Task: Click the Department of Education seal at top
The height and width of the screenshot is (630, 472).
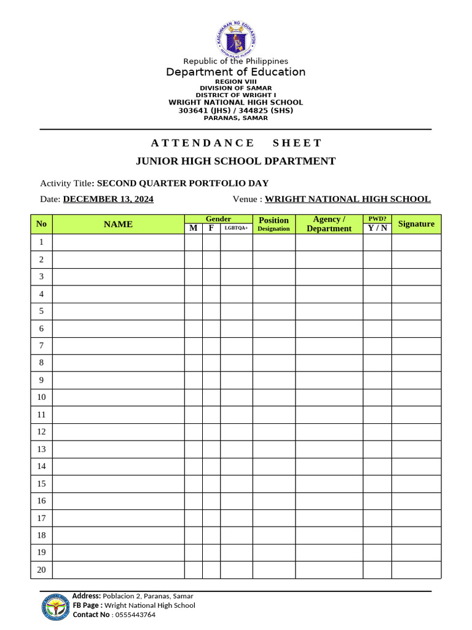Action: [x=236, y=38]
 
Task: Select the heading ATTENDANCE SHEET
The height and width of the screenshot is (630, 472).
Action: [x=236, y=143]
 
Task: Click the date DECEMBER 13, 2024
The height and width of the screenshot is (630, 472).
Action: [x=108, y=199]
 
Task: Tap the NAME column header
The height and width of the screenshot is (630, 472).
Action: [x=118, y=224]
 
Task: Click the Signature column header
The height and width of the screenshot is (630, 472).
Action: [x=416, y=224]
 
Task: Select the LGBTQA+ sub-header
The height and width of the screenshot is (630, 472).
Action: [x=236, y=228]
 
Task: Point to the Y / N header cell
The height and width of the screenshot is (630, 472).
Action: [x=377, y=228]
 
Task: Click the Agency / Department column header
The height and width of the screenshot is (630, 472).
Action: [x=329, y=224]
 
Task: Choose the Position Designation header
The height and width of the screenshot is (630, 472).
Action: [x=273, y=224]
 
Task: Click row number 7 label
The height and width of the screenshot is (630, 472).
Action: [x=41, y=346]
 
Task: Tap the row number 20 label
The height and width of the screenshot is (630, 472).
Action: [x=41, y=570]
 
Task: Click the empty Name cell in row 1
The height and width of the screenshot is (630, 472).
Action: [x=118, y=242]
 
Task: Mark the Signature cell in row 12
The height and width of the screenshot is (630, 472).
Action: [x=416, y=432]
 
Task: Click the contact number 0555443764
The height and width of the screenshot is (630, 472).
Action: [x=135, y=615]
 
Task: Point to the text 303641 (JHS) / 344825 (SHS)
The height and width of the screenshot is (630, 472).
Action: [x=236, y=111]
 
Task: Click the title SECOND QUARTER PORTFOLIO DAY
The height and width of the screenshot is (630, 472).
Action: [x=183, y=183]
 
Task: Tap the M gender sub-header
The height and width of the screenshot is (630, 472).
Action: [x=193, y=228]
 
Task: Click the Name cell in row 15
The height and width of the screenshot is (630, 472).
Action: [x=118, y=484]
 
